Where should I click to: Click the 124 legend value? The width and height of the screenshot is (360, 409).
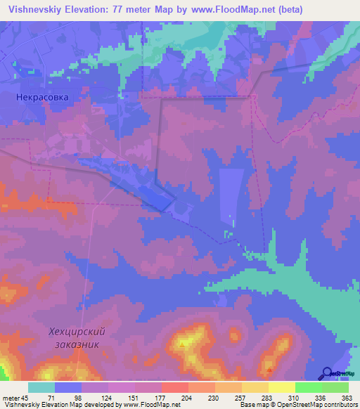108,397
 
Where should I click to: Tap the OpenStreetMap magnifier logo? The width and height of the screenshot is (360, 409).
326,374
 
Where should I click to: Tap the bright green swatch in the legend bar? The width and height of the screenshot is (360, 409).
308,387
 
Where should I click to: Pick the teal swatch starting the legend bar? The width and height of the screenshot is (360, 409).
41,387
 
